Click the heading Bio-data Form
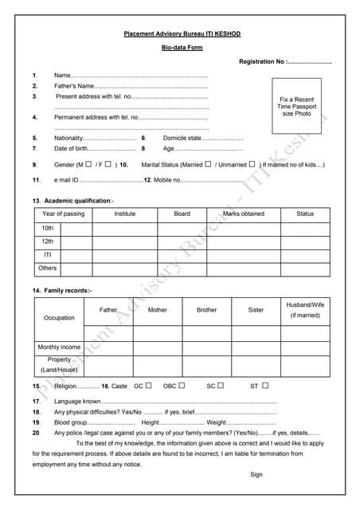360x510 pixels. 182,49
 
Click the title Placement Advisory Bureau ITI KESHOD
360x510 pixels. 182,34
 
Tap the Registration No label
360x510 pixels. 261,61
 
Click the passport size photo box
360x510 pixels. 296,106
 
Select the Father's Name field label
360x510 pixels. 73,85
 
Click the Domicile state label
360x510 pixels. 182,138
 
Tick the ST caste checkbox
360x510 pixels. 264,386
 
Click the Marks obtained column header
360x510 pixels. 243,214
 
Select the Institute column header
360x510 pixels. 124,214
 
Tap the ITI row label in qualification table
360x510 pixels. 48,254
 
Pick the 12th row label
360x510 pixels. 48,241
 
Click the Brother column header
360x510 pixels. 206,310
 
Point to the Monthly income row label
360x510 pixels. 59,347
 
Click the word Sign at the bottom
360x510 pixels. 256,475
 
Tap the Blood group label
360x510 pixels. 72,422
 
